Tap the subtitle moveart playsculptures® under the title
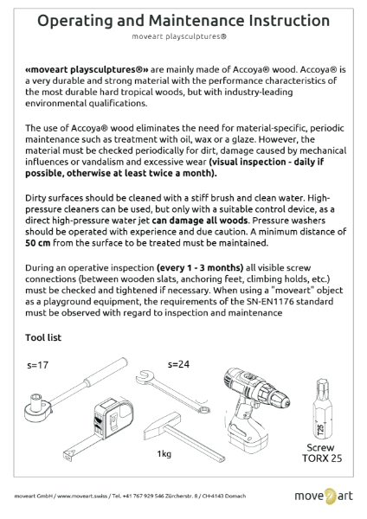pos(183,38)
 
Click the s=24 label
pos(179,362)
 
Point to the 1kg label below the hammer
pos(164,454)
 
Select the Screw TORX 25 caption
pos(325,453)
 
